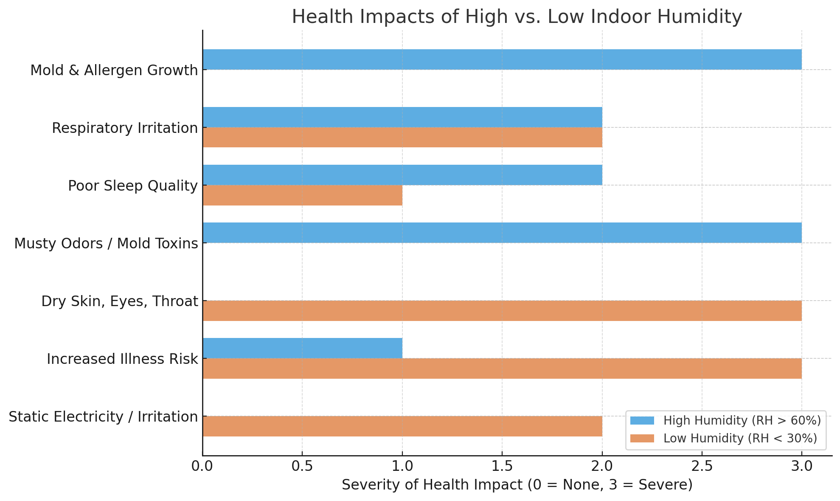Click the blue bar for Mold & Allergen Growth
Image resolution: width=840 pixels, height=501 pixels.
pyautogui.click(x=502, y=59)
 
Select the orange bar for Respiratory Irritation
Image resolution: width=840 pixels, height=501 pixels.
pyautogui.click(x=402, y=138)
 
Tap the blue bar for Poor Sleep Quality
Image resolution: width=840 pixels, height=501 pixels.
pyautogui.click(x=402, y=175)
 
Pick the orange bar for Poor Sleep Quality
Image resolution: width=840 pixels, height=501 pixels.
pyautogui.click(x=303, y=195)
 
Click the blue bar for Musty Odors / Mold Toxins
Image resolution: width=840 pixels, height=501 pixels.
pyautogui.click(x=502, y=233)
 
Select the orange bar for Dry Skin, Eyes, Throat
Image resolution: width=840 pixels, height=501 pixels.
pyautogui.click(x=502, y=311)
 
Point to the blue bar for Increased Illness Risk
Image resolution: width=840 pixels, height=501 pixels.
pyautogui.click(x=303, y=348)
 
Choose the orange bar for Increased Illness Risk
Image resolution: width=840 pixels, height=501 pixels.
pyautogui.click(x=502, y=369)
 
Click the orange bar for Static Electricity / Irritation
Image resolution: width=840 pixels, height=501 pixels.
pyautogui.click(x=402, y=426)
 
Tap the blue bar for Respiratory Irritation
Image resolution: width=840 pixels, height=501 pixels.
pyautogui.click(x=402, y=117)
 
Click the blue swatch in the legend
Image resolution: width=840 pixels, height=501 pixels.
pyautogui.click(x=642, y=420)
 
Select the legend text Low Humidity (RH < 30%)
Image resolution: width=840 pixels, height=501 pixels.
pyautogui.click(x=740, y=438)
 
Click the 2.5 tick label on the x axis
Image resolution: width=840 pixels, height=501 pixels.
pyautogui.click(x=702, y=466)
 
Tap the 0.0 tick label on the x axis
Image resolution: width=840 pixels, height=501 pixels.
pyautogui.click(x=202, y=466)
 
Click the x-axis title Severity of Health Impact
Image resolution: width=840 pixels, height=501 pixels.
pyautogui.click(x=517, y=485)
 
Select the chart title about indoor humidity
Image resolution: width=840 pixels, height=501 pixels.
pyautogui.click(x=517, y=17)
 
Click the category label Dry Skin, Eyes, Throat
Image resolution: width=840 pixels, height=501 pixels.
pyautogui.click(x=120, y=301)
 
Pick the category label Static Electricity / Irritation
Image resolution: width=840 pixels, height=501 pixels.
pyautogui.click(x=103, y=417)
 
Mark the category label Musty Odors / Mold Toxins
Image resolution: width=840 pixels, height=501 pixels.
pyautogui.click(x=106, y=244)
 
